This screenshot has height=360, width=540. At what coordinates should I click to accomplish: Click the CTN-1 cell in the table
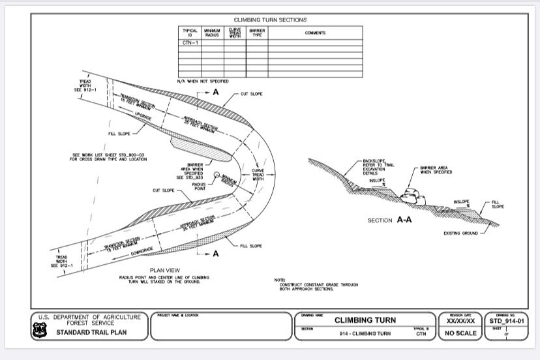190,41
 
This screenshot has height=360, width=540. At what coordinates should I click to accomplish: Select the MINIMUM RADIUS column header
212,33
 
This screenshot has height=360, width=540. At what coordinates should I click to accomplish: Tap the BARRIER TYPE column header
257,33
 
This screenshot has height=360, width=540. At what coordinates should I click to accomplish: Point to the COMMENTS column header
315,33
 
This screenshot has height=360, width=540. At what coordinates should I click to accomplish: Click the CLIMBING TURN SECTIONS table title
270,20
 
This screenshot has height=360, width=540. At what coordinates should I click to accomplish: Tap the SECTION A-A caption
389,220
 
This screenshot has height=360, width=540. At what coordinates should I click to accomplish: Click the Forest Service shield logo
44,331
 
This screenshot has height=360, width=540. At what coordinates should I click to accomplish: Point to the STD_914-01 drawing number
506,320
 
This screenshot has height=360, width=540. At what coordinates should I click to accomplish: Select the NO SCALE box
460,333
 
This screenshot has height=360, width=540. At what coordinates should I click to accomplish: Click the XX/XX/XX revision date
460,321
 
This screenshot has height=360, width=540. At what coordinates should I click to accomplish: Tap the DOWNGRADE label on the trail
141,252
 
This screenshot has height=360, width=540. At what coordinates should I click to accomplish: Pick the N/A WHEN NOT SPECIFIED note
203,81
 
